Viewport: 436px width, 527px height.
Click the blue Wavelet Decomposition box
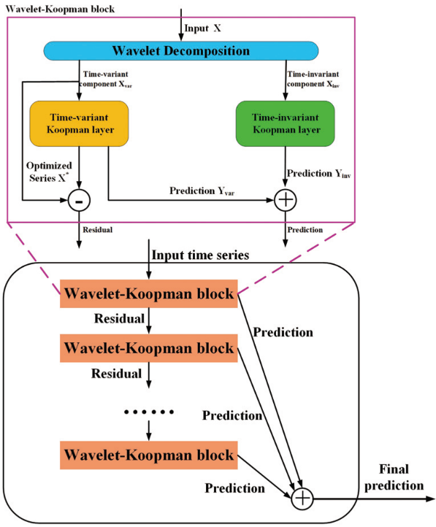click(x=181, y=51)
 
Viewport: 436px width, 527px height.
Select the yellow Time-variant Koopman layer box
click(x=79, y=123)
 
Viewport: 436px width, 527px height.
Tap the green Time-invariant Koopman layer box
click(x=286, y=123)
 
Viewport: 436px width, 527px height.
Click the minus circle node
click(x=79, y=200)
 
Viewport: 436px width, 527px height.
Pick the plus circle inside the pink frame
click(x=286, y=200)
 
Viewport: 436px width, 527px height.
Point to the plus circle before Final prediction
click(x=302, y=499)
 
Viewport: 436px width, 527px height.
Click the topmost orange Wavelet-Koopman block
click(x=148, y=293)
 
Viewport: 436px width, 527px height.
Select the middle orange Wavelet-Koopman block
click(x=148, y=348)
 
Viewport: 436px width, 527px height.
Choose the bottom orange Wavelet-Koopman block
click(x=148, y=455)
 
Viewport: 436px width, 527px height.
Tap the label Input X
click(x=203, y=28)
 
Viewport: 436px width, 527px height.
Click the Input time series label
click(x=200, y=255)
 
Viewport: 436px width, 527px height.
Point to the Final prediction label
click(x=394, y=477)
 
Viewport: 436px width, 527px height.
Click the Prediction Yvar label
click(x=202, y=191)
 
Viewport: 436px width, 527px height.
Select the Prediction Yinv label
click(x=318, y=174)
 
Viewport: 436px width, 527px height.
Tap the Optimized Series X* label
click(x=49, y=172)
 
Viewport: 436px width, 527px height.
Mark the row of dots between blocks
click(x=148, y=412)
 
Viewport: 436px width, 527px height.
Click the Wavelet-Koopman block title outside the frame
click(x=60, y=9)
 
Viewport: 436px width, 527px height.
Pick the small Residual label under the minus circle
click(x=97, y=230)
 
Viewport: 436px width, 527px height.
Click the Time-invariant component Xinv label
click(x=313, y=80)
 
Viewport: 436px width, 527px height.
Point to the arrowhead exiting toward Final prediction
click(x=430, y=499)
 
